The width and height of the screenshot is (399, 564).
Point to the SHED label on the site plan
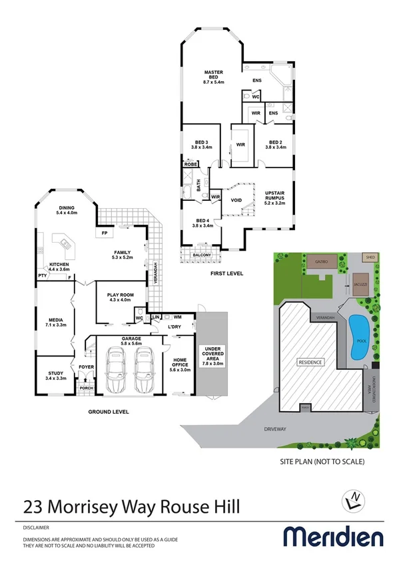click(369, 257)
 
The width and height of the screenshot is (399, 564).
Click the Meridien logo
click(333, 536)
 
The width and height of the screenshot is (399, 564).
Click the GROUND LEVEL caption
click(109, 412)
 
